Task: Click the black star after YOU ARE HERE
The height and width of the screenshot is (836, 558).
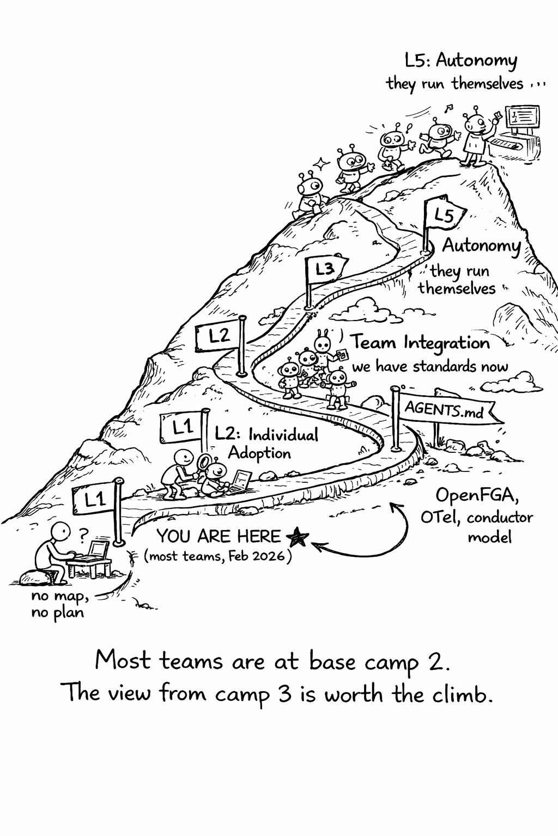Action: coord(298,537)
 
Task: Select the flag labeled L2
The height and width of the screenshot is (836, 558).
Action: coord(219,336)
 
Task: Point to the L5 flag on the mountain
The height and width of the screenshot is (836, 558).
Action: coord(444,215)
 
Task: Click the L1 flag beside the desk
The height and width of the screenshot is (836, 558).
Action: coord(96,499)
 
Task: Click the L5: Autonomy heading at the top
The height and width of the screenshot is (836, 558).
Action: coord(461,60)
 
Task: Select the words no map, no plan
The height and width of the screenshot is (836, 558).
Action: coord(59,604)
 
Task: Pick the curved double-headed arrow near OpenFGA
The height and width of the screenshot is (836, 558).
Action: coord(376,536)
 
